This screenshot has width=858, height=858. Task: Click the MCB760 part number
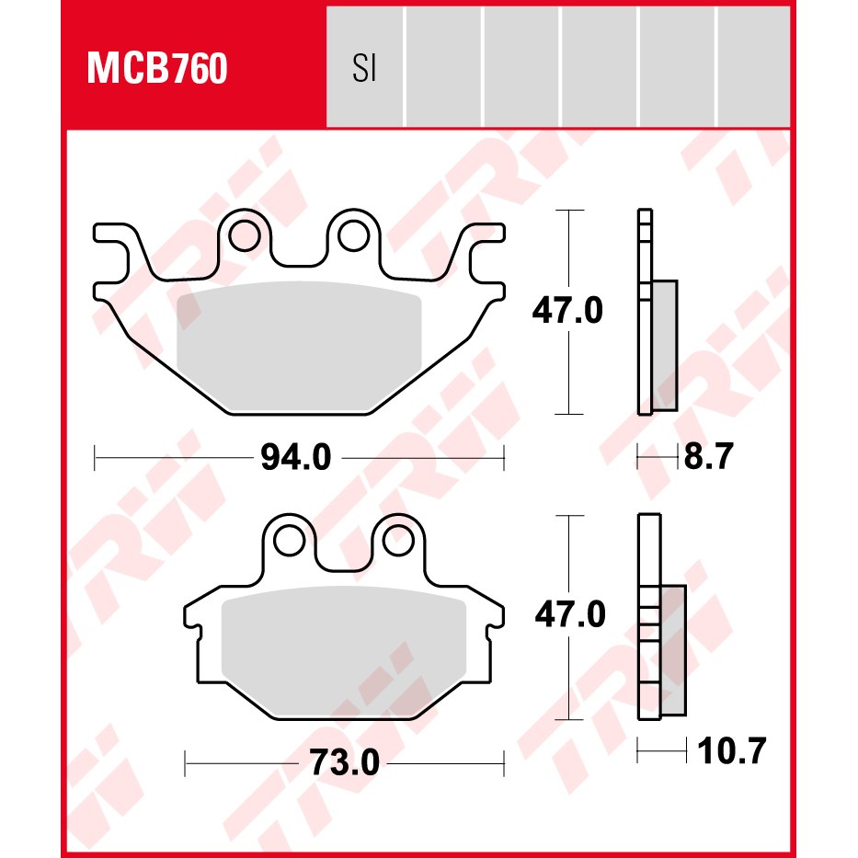[x=157, y=68]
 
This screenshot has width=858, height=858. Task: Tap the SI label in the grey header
[x=364, y=69]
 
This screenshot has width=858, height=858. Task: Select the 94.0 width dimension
[x=296, y=457]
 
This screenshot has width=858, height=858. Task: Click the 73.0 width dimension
[x=344, y=762]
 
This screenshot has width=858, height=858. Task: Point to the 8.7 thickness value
[x=709, y=456]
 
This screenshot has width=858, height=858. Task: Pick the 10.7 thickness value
[x=732, y=750]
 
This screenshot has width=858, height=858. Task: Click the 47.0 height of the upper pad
[x=567, y=310]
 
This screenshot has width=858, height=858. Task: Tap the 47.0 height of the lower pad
[x=570, y=614]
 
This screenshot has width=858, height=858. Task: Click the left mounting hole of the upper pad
[x=244, y=236]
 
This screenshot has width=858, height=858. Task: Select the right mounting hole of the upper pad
[x=353, y=236]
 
